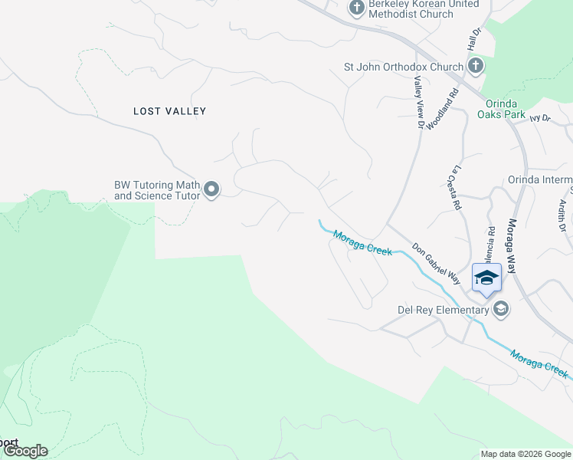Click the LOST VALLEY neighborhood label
tap(170, 111)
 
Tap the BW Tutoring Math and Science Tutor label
tap(157, 190)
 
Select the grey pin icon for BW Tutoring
tap(212, 189)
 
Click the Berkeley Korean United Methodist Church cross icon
tap(356, 8)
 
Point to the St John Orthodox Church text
tap(404, 67)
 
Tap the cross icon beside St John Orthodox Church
tap(475, 66)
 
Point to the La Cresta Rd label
tap(457, 188)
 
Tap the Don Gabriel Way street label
tap(436, 264)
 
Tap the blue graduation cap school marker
tap(486, 277)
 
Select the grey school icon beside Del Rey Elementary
tap(501, 309)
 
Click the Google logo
tap(25, 451)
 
